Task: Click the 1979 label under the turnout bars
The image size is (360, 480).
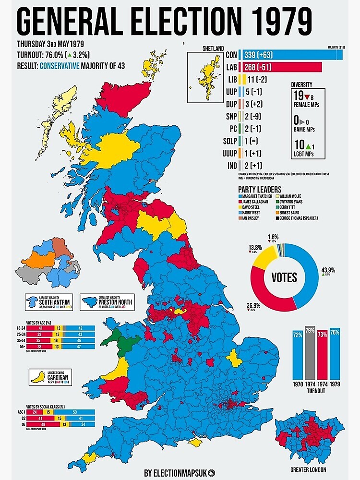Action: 335,384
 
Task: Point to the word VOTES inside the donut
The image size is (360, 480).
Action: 284,277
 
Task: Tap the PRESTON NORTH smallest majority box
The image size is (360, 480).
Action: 107,302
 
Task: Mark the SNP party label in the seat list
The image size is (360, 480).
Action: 231,117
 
